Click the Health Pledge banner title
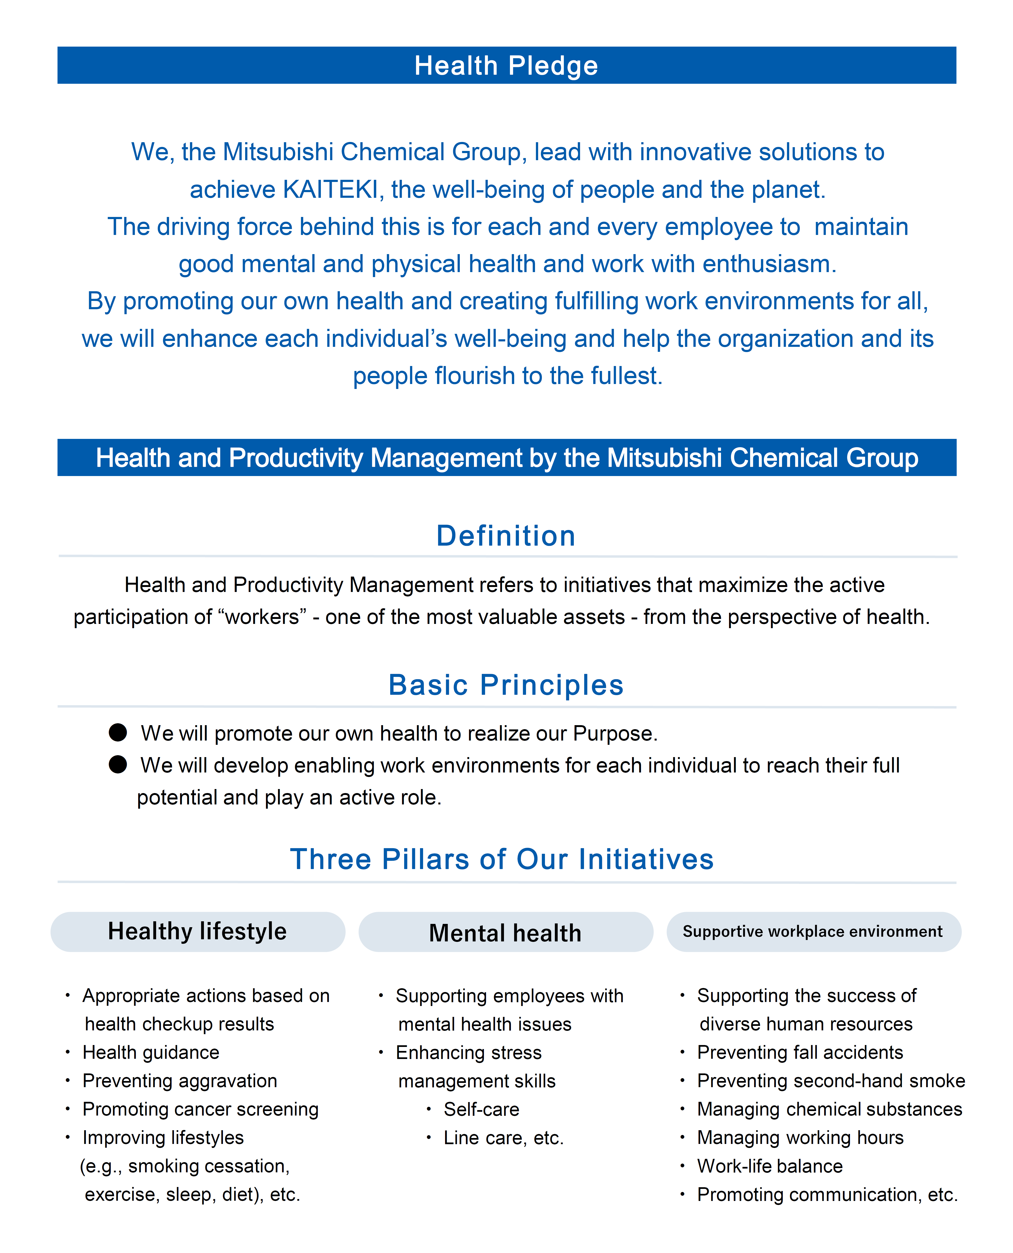click(506, 65)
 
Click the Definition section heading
click(506, 535)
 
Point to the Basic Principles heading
click(506, 685)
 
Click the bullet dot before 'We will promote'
click(118, 733)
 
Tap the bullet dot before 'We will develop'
click(118, 765)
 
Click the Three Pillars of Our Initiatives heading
click(502, 859)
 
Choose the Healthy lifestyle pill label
click(197, 931)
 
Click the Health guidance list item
click(151, 1052)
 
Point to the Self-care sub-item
click(481, 1109)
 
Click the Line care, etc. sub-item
click(504, 1138)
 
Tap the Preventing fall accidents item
click(800, 1052)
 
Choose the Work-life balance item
click(770, 1166)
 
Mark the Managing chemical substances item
click(829, 1109)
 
